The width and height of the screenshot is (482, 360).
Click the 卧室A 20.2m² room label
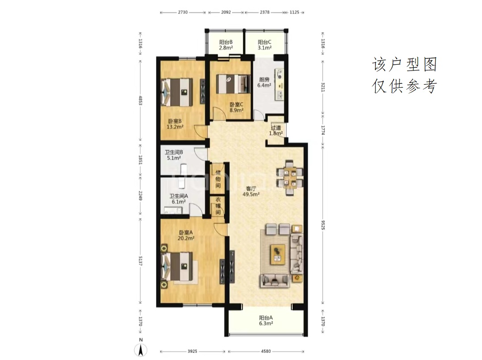click(x=186, y=235)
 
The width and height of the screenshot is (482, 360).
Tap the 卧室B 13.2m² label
click(x=175, y=124)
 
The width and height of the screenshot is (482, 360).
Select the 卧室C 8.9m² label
click(x=237, y=107)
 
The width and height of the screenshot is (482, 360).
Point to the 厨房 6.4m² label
click(x=264, y=83)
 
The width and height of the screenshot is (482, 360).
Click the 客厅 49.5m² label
click(x=251, y=191)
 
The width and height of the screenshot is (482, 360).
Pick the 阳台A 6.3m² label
click(x=266, y=320)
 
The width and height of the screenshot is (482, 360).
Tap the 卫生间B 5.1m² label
click(x=174, y=155)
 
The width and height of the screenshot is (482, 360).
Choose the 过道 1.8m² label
click(x=276, y=130)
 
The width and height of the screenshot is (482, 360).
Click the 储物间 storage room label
click(x=218, y=179)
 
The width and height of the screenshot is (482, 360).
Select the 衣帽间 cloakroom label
click(x=218, y=206)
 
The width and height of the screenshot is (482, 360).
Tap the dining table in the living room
click(x=290, y=178)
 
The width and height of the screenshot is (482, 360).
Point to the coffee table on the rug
click(x=278, y=254)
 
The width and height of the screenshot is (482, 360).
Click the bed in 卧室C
click(x=233, y=84)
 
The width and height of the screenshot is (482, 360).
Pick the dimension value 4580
click(x=266, y=351)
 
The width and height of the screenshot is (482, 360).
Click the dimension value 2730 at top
click(x=183, y=12)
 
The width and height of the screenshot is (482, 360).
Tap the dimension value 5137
click(x=141, y=261)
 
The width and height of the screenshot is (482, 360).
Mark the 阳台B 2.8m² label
click(x=226, y=45)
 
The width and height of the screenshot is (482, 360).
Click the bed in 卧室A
click(x=178, y=266)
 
